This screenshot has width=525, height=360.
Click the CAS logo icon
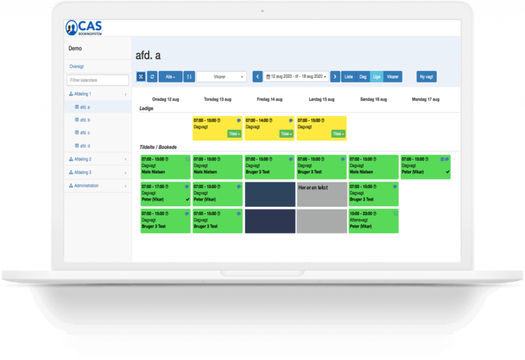[x=72, y=27]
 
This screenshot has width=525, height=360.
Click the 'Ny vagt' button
[x=427, y=77]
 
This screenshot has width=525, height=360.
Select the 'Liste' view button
[x=349, y=77]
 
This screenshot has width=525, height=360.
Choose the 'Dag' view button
[x=363, y=77]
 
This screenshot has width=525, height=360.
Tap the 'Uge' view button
[x=376, y=77]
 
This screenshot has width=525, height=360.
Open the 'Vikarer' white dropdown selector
[x=221, y=77]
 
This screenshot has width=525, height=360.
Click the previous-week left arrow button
[x=258, y=77]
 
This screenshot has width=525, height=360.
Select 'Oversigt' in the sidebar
[x=77, y=67]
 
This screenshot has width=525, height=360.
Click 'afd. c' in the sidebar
[x=85, y=133]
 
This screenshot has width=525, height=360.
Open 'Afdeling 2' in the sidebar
[x=81, y=159]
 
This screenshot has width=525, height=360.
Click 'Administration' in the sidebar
[x=85, y=186]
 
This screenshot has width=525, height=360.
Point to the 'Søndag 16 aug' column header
[x=373, y=100]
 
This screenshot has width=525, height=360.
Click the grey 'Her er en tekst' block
[x=321, y=194]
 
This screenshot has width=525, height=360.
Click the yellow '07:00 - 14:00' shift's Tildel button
[x=286, y=134]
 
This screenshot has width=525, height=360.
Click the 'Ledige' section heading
[x=146, y=109]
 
